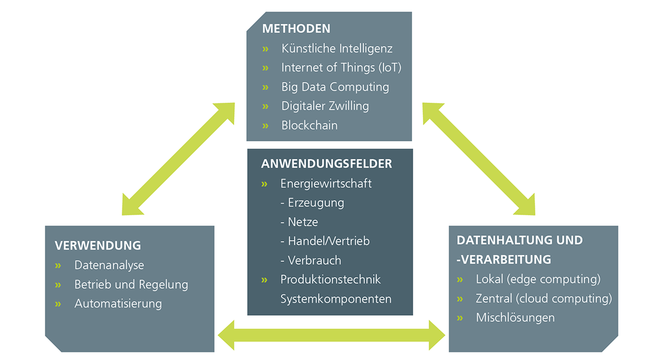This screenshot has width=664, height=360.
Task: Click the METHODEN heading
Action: (296, 29)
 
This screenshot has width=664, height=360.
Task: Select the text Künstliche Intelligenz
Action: (337, 48)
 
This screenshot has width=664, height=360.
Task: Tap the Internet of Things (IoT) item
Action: (342, 67)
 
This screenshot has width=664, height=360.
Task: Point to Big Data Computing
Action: (335, 87)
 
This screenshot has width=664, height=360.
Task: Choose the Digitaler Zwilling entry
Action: (325, 106)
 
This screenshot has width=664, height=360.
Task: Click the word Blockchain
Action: (309, 125)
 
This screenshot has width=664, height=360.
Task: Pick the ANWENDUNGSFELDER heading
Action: (327, 164)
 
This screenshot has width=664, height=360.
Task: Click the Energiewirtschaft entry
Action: (325, 184)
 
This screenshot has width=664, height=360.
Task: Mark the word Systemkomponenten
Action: (336, 299)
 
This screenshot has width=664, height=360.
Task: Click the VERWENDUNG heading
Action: (98, 246)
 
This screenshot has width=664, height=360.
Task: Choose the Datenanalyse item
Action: (109, 265)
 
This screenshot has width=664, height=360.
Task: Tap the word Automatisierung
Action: (118, 303)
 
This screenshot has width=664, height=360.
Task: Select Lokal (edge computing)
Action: (538, 280)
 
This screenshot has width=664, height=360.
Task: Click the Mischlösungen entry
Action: (515, 318)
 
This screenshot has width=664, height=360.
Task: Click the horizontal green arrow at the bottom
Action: (332, 335)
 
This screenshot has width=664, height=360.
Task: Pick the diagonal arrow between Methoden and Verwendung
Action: (178, 159)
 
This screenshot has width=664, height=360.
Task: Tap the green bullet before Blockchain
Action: (265, 126)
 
